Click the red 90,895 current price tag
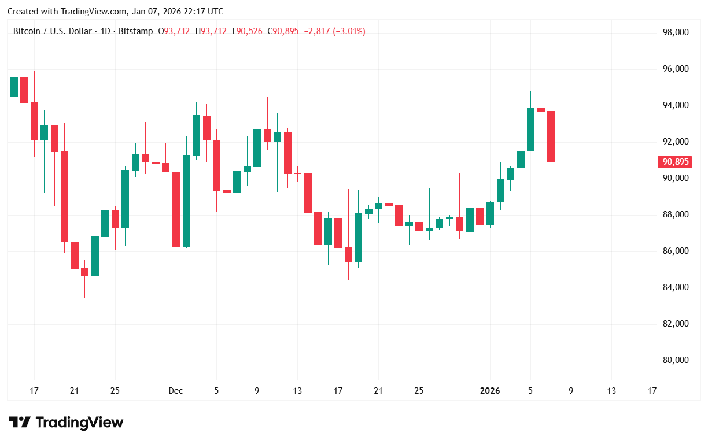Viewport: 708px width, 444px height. point(675,162)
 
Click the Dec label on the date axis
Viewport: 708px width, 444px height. point(176,391)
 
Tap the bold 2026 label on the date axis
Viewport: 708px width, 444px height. point(490,391)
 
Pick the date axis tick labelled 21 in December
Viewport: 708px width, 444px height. point(378,391)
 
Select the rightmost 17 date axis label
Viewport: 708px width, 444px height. point(652,391)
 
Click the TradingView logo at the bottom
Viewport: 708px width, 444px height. point(66,423)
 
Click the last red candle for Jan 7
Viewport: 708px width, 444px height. point(551,136)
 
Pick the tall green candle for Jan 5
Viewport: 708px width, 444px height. point(530,129)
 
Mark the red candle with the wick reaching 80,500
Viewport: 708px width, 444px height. point(75,256)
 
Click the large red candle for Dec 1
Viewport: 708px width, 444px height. point(175,209)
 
